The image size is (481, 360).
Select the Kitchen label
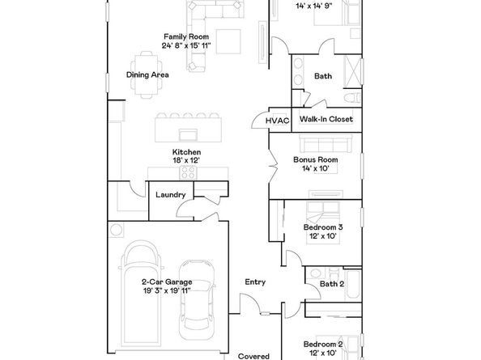point(186,152)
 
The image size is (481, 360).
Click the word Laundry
point(170,194)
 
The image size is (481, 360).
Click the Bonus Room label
point(315,160)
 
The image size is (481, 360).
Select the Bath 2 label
point(332,284)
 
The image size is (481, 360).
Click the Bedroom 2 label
point(323,344)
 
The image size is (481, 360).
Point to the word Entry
point(255,282)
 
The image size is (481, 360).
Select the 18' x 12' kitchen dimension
point(186,161)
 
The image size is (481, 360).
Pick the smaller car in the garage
point(195,296)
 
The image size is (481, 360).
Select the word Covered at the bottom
point(253,355)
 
